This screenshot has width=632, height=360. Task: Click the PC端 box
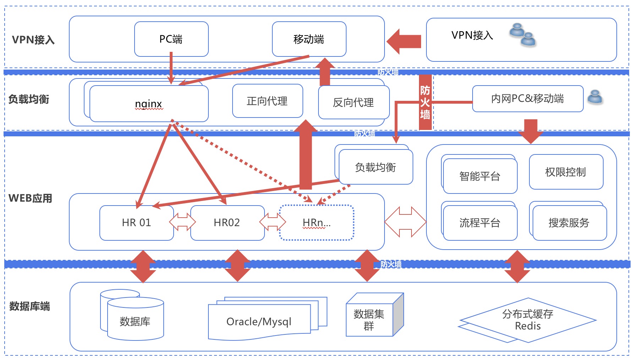click(171, 39)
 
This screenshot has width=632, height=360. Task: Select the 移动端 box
click(309, 39)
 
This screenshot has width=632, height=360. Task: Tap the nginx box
click(149, 104)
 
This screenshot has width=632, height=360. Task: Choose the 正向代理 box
click(267, 101)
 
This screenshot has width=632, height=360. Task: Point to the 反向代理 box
click(354, 103)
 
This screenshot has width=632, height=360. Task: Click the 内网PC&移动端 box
click(528, 99)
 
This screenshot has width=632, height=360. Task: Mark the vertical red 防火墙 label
click(425, 102)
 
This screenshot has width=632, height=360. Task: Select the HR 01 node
click(136, 223)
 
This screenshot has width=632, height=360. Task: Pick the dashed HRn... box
click(316, 223)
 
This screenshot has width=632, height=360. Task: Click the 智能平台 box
click(480, 176)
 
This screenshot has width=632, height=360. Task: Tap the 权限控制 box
click(566, 172)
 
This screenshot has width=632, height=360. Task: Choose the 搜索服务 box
click(569, 223)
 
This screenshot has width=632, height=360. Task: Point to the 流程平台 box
click(480, 223)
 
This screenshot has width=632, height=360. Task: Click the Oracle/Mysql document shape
click(259, 322)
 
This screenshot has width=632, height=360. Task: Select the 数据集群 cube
click(369, 320)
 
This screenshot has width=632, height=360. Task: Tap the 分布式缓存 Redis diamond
click(528, 320)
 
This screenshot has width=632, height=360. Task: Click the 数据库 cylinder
click(135, 321)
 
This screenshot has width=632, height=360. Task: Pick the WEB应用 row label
click(31, 198)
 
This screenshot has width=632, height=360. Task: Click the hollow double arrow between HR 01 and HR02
click(182, 222)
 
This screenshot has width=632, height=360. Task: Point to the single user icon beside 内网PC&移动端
click(595, 97)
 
